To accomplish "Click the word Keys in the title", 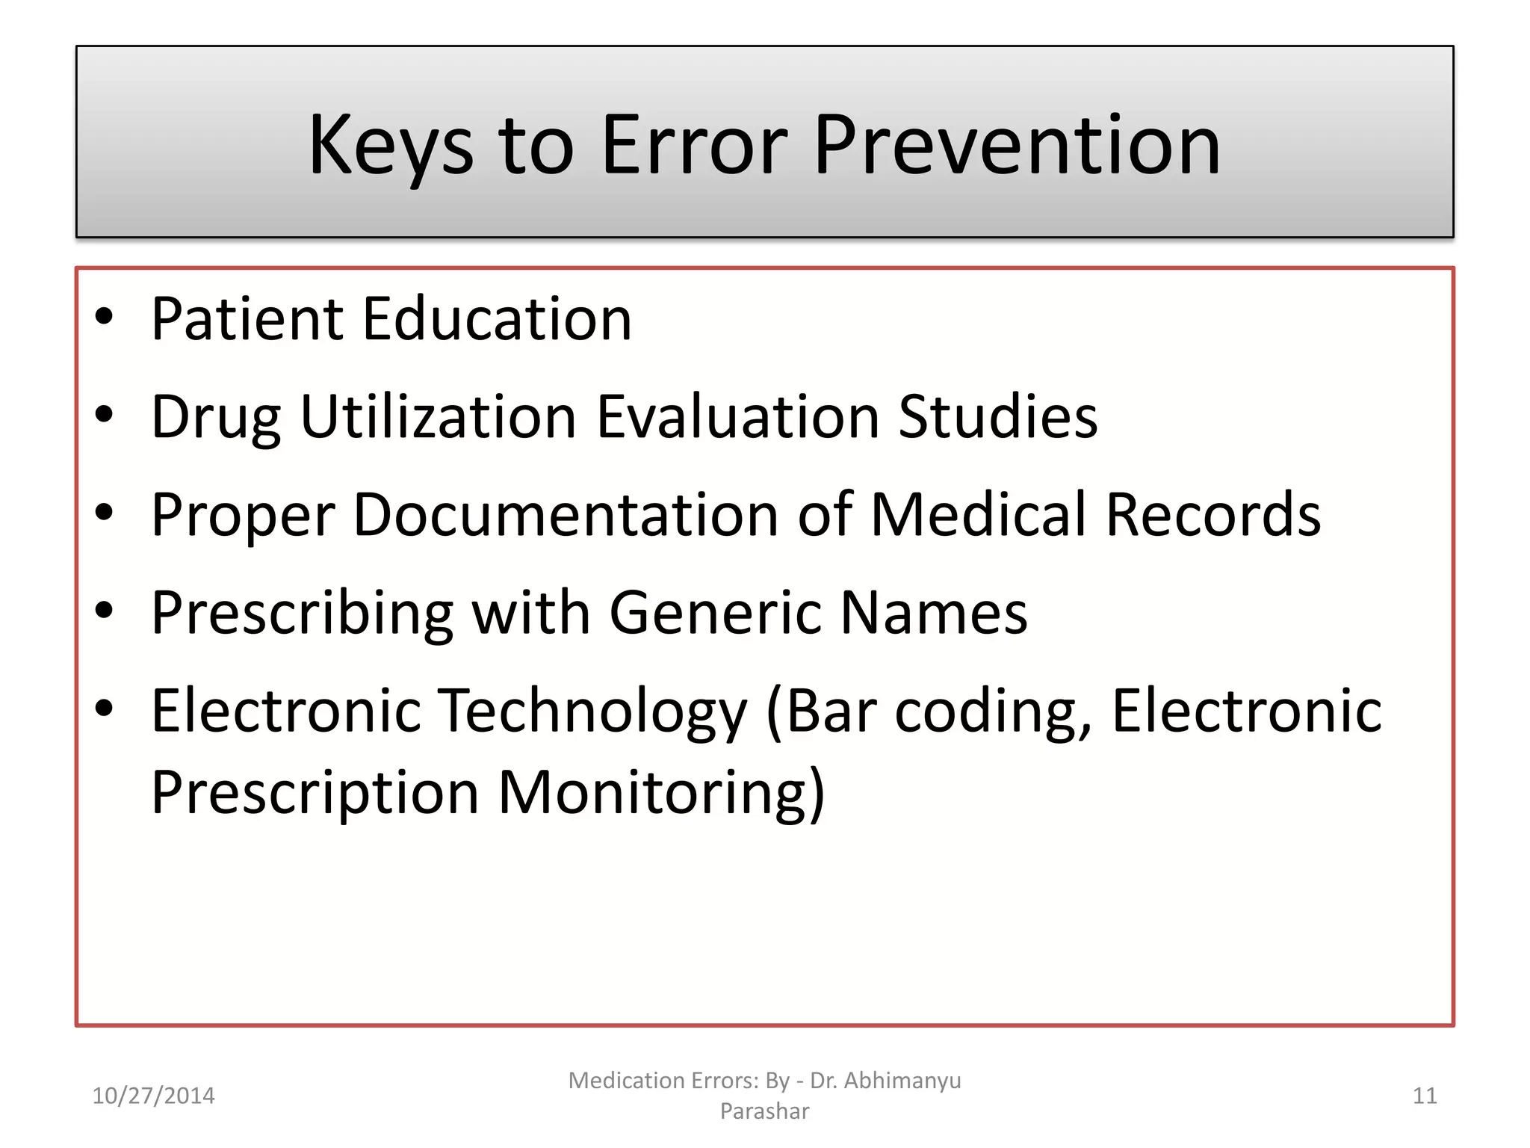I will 391,146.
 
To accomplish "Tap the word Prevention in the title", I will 1017,146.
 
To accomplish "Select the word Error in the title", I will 694,146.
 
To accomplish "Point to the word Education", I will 498,319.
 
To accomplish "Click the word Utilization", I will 439,417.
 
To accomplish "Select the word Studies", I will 998,417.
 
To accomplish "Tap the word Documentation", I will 566,515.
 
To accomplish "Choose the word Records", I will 1213,515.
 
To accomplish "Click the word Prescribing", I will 303,614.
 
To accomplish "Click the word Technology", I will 592,712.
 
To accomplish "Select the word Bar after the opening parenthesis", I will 831,712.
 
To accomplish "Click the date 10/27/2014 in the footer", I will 153,1096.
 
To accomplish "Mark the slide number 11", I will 1425,1096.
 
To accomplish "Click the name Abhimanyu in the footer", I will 902,1081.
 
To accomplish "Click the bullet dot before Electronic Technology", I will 104,707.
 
